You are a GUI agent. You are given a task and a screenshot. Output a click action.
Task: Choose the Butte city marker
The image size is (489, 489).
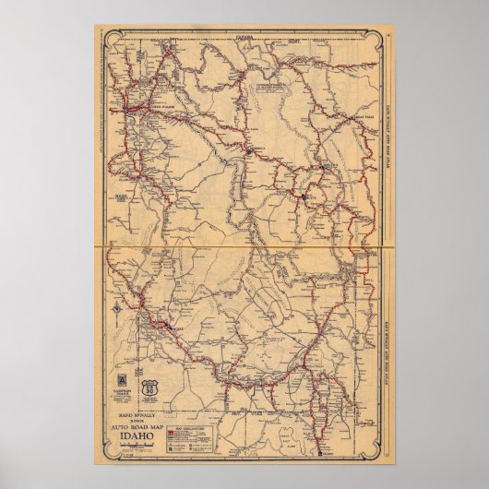click(304, 195)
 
